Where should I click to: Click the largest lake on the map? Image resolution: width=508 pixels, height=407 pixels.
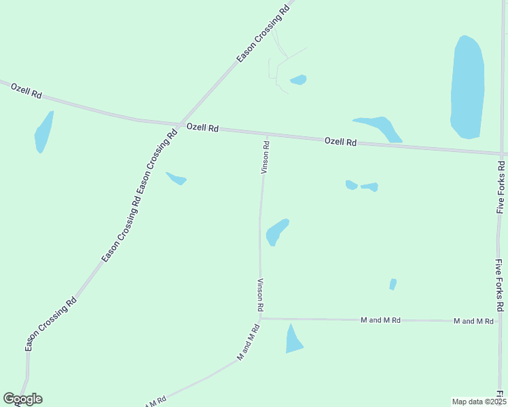click(467, 87)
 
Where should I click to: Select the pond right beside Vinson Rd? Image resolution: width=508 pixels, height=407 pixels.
click(276, 231)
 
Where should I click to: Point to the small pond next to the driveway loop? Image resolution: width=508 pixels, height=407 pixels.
click(299, 79)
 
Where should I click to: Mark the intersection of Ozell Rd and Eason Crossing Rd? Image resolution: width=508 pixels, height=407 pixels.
click(179, 124)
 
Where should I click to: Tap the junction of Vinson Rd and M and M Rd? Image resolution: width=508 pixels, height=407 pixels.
click(261, 318)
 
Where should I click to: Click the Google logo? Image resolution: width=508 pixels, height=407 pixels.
click(22, 399)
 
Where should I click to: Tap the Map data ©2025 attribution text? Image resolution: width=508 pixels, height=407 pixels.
click(479, 401)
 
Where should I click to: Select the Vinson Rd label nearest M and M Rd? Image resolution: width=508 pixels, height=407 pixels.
click(259, 295)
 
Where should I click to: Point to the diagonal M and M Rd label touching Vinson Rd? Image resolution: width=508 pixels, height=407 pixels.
click(249, 342)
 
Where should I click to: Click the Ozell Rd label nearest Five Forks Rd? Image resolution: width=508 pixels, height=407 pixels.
click(340, 142)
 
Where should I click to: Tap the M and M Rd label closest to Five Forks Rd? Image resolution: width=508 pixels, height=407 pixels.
click(473, 320)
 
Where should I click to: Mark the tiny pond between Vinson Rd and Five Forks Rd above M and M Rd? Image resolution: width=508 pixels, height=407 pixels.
click(393, 284)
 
